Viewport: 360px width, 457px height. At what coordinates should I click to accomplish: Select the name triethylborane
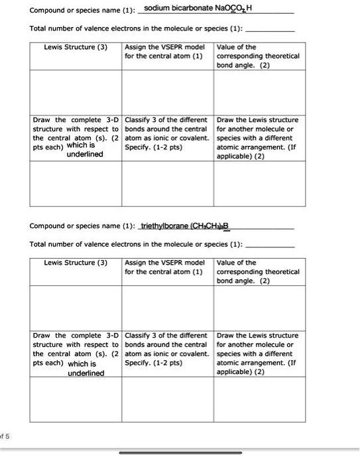163,226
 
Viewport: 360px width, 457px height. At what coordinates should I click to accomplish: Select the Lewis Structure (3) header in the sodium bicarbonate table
76,47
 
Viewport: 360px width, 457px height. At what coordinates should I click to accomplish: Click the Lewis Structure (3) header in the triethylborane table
76,263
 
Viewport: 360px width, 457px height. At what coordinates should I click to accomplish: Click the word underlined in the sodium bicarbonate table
85,154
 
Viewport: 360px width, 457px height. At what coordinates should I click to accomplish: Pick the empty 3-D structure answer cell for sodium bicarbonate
76,186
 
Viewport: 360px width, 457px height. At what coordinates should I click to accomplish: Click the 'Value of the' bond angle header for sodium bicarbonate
237,47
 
